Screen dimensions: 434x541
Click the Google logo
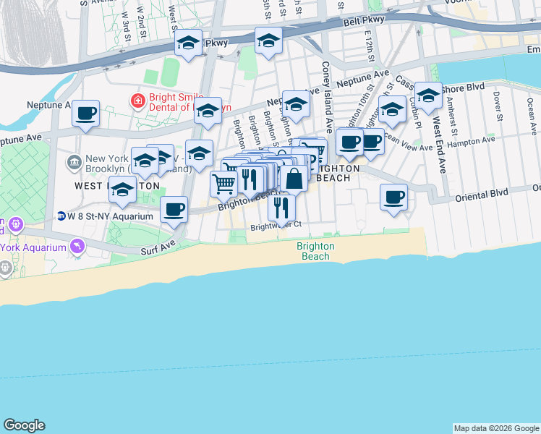24,425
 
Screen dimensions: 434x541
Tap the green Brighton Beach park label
315,251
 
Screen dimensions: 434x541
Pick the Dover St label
498,104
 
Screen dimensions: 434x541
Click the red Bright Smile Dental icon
137,101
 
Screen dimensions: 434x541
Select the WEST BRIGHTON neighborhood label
116,185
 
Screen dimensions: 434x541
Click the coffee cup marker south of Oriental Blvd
393,197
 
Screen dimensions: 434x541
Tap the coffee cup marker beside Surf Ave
173,209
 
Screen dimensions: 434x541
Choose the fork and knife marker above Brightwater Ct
281,208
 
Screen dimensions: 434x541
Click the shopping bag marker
294,178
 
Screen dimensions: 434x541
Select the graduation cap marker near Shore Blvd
428,95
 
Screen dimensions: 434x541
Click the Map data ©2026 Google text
496,428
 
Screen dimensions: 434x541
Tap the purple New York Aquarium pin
77,247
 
